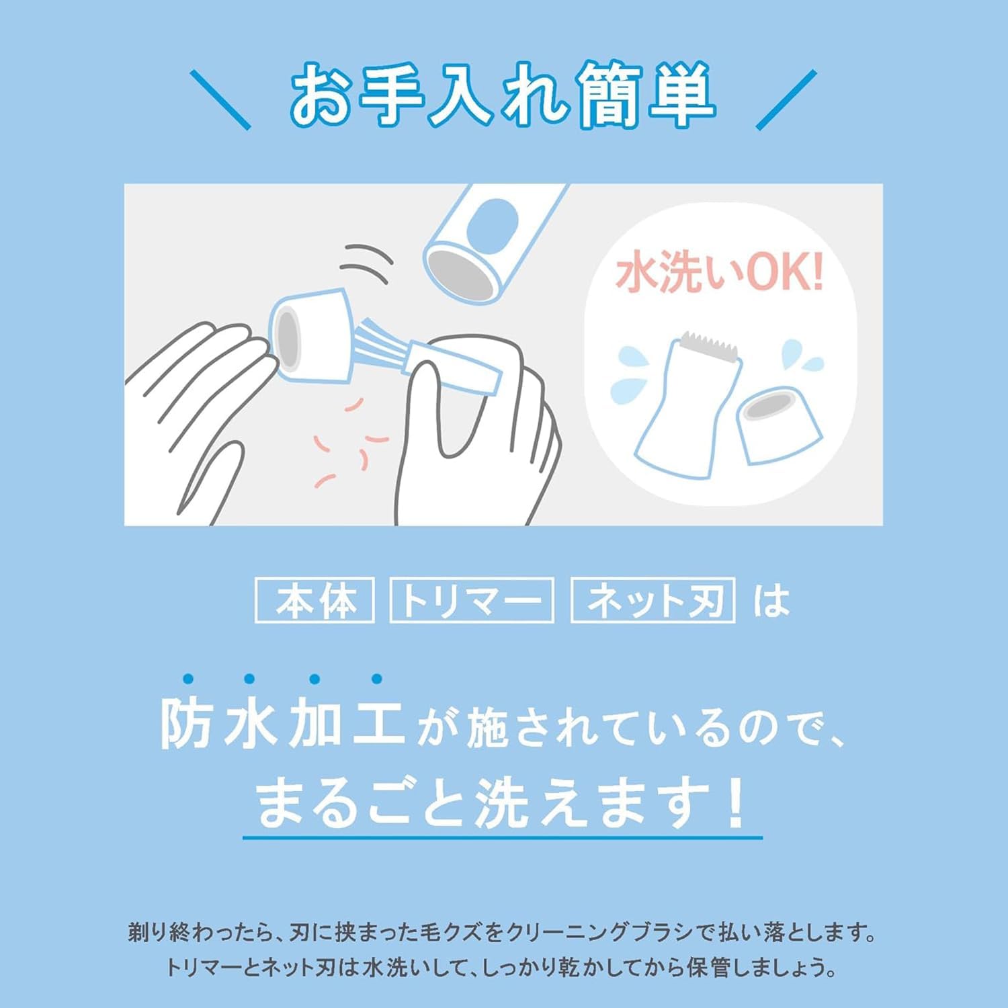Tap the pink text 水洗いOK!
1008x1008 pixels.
click(x=719, y=273)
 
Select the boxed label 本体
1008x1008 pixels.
click(x=315, y=600)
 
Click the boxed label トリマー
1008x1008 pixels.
click(x=472, y=600)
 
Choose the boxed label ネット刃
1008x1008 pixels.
click(x=653, y=600)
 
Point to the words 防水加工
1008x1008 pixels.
click(x=282, y=724)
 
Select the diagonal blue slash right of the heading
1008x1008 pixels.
click(x=786, y=99)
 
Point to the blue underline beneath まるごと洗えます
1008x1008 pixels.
click(x=503, y=838)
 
